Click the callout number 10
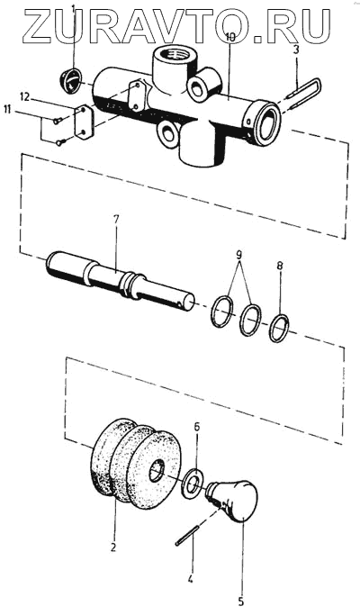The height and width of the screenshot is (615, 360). pos(230,38)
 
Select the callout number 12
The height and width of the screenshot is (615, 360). pos(24,97)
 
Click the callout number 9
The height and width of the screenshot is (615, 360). pos(238,255)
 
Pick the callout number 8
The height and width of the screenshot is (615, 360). pos(279,266)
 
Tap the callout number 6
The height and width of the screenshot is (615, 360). pos(197,427)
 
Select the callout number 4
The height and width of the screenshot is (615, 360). pos(190,579)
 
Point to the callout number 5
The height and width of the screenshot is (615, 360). pos(241,601)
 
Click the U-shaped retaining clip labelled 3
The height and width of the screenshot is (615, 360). pos(304,94)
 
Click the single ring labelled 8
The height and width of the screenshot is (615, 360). pos(279,328)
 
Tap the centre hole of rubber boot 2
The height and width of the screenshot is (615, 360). pos(157,471)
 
